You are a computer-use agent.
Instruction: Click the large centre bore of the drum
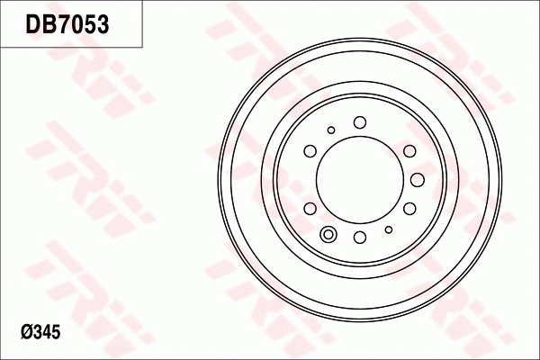(359, 179)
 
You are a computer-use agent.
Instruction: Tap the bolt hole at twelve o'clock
(359, 121)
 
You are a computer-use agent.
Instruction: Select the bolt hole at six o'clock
(359, 238)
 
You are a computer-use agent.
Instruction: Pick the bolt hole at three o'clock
(418, 179)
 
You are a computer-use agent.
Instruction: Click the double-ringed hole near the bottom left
(328, 236)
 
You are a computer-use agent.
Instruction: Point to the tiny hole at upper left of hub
(331, 130)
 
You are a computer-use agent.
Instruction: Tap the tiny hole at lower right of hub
(388, 229)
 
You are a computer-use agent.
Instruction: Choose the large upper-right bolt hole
(409, 150)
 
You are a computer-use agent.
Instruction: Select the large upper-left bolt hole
(310, 150)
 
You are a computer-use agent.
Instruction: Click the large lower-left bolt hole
(310, 209)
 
